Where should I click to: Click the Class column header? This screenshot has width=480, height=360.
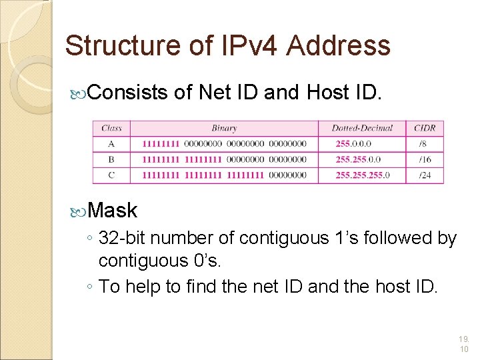point(111,128)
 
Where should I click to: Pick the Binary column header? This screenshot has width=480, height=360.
point(224,128)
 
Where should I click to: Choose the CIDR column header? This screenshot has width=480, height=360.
point(425,128)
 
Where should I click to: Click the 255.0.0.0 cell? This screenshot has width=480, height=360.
point(354,143)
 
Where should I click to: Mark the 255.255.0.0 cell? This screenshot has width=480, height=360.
point(359,159)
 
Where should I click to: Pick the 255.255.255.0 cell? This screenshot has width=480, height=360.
point(363,175)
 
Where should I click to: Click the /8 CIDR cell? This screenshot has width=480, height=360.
point(423,143)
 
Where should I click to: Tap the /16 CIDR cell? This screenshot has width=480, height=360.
point(425,159)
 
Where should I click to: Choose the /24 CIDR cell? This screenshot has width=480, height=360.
point(425,175)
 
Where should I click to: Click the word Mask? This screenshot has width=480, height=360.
point(112,211)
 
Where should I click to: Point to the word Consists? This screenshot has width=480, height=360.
point(127,93)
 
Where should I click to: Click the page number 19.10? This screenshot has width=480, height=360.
point(464,344)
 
